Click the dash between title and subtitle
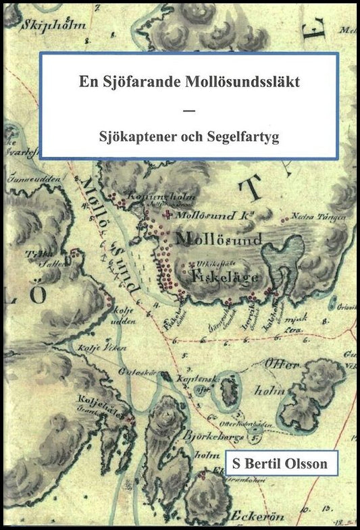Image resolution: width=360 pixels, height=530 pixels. [188, 110]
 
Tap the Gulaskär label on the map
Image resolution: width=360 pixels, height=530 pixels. [132, 371]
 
